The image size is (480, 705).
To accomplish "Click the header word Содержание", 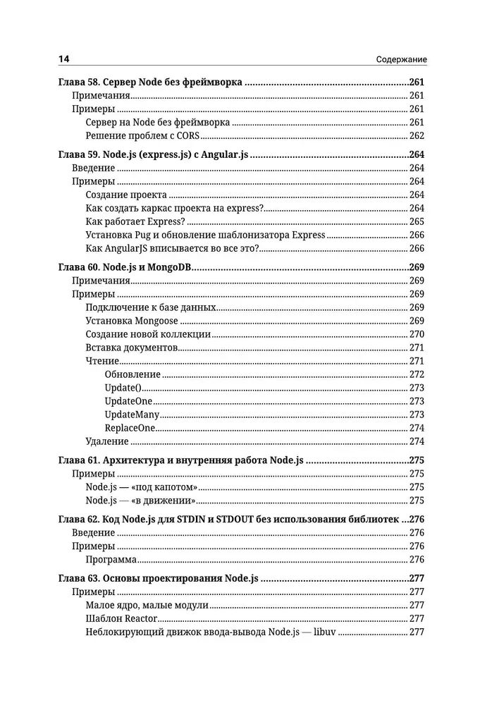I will click(402, 59).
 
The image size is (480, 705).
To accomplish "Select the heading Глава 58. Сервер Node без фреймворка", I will click(150, 82).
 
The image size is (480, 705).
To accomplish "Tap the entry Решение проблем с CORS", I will click(143, 136).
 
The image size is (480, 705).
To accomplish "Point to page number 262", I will click(417, 136).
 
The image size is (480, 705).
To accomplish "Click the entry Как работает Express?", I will click(135, 221).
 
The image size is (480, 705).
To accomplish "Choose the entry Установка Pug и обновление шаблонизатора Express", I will click(205, 235).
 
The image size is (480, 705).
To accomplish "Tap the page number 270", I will click(417, 334).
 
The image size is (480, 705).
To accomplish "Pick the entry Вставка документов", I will click(131, 348).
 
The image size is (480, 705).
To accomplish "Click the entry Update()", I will click(123, 388).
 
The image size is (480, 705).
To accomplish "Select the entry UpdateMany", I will click(132, 415).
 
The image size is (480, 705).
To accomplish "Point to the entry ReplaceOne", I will click(130, 428).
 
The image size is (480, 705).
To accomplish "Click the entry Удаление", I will click(107, 441).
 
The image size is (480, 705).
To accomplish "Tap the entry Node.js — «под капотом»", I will click(141, 487).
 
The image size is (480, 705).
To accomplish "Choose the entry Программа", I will click(111, 559).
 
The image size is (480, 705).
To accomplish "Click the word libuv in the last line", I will click(325, 632).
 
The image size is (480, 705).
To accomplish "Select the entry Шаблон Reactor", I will click(121, 618).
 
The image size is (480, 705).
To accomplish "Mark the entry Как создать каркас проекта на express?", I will click(174, 208).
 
